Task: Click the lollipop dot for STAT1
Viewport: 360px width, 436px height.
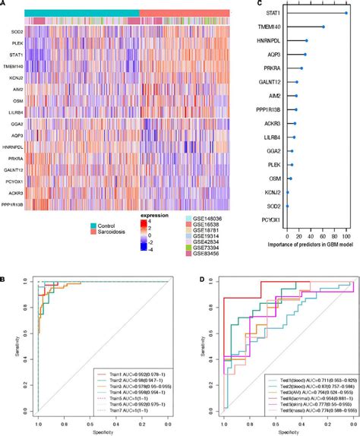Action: point(346,13)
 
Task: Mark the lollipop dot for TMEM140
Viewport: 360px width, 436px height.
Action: point(323,27)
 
